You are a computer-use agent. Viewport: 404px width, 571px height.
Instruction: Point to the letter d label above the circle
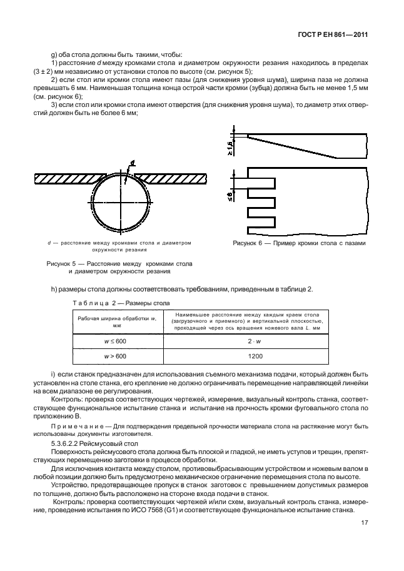click(x=133, y=164)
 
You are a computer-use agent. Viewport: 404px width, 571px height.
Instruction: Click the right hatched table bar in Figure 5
click(x=171, y=178)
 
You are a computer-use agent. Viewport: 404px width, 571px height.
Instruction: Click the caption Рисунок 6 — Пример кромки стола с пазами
click(x=299, y=243)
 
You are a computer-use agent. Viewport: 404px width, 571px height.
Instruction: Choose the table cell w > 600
click(x=112, y=356)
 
